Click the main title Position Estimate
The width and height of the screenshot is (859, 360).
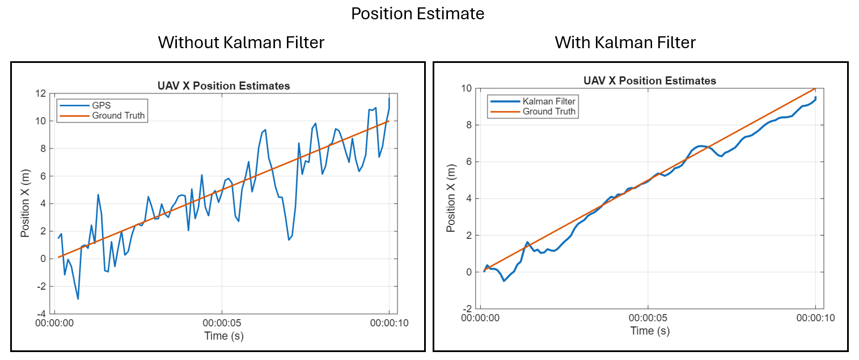point(417,14)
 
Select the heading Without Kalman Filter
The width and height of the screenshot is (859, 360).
point(241,43)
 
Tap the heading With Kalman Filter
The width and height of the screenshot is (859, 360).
point(625,43)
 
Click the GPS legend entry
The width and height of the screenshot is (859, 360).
point(102,105)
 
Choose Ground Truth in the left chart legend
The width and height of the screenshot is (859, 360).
point(118,116)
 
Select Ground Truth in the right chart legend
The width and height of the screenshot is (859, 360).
point(549,112)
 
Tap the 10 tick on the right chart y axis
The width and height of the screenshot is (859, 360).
point(466,88)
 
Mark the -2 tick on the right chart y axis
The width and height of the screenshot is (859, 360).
point(467,308)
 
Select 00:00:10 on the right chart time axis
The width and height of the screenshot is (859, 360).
point(815,319)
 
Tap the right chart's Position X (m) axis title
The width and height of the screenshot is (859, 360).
point(451,198)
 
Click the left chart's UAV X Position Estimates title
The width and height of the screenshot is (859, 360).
point(223,86)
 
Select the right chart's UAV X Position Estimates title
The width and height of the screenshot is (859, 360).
point(650,81)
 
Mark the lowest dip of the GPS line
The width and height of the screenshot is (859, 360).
point(78,299)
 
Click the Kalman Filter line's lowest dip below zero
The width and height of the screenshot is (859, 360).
point(504,281)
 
